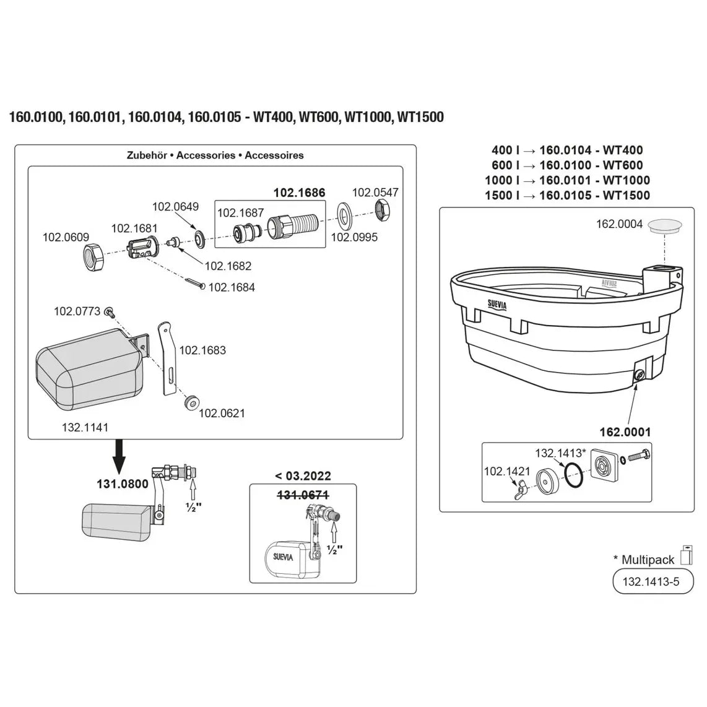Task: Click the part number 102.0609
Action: coord(66,237)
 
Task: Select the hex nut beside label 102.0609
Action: coord(95,256)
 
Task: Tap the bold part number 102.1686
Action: coord(300,193)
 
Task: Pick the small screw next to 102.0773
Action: coord(110,311)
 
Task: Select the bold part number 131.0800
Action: coord(123,484)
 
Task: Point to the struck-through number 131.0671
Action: coord(302,494)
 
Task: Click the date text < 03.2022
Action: coord(302,476)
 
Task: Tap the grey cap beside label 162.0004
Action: coord(665,225)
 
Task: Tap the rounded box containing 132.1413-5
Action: coord(653,582)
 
